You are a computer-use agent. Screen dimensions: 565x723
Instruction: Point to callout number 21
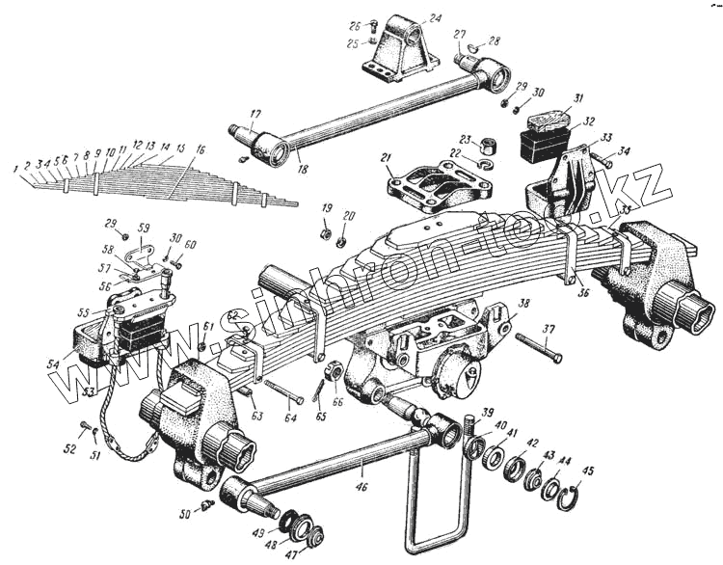[x=387, y=157]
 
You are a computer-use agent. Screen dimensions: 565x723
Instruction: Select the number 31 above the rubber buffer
[x=577, y=98]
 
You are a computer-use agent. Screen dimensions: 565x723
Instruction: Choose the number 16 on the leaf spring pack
[x=200, y=150]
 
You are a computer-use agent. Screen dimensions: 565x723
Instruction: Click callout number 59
[x=144, y=228]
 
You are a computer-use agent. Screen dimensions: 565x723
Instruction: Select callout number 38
[x=523, y=302]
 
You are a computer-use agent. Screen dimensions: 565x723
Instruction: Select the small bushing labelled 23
[x=490, y=146]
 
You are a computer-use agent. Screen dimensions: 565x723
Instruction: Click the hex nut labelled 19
[x=327, y=231]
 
